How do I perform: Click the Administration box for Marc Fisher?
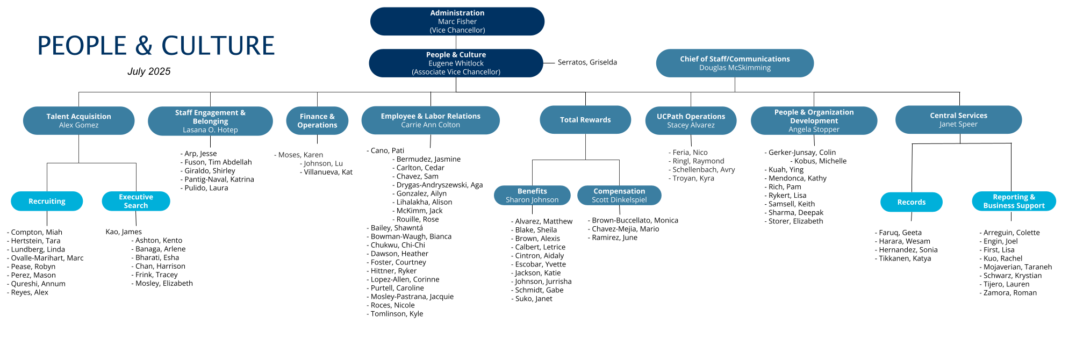pyautogui.click(x=457, y=21)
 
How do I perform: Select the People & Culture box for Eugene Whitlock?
pyautogui.click(x=456, y=63)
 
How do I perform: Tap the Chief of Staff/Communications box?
pyautogui.click(x=735, y=63)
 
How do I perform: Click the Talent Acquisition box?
pyautogui.click(x=78, y=120)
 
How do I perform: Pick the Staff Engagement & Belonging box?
pyautogui.click(x=210, y=121)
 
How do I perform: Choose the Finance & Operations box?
pyautogui.click(x=317, y=120)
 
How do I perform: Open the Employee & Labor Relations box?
pyautogui.click(x=431, y=120)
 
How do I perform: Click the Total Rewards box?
pyautogui.click(x=585, y=119)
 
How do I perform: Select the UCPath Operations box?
pyautogui.click(x=691, y=120)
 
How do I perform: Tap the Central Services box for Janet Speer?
pyautogui.click(x=958, y=119)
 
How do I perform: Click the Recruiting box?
pyautogui.click(x=47, y=201)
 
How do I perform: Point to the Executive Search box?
pyautogui.click(x=136, y=201)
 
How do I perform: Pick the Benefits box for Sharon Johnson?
pyautogui.click(x=532, y=195)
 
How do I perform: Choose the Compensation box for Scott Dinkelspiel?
pyautogui.click(x=619, y=195)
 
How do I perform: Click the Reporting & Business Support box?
pyautogui.click(x=1014, y=201)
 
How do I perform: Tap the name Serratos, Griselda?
pyautogui.click(x=587, y=62)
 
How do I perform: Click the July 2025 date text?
pyautogui.click(x=149, y=71)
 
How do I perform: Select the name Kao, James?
pyautogui.click(x=124, y=232)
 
